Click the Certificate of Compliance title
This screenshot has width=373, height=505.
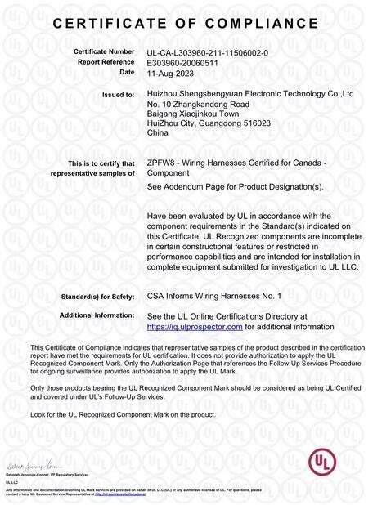[x=186, y=25]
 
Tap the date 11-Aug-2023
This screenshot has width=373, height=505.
[x=170, y=72]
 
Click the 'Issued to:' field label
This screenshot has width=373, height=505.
[x=118, y=95]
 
